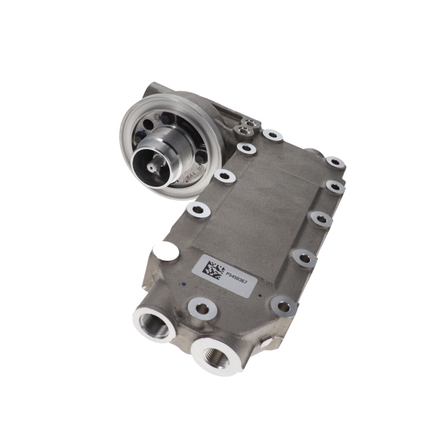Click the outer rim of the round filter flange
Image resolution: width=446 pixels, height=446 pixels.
coord(130,122)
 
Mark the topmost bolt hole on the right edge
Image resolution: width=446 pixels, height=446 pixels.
coord(336,163)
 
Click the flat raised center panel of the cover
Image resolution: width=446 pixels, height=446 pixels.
coord(258,209)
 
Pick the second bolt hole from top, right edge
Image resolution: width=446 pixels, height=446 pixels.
coord(335,187)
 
